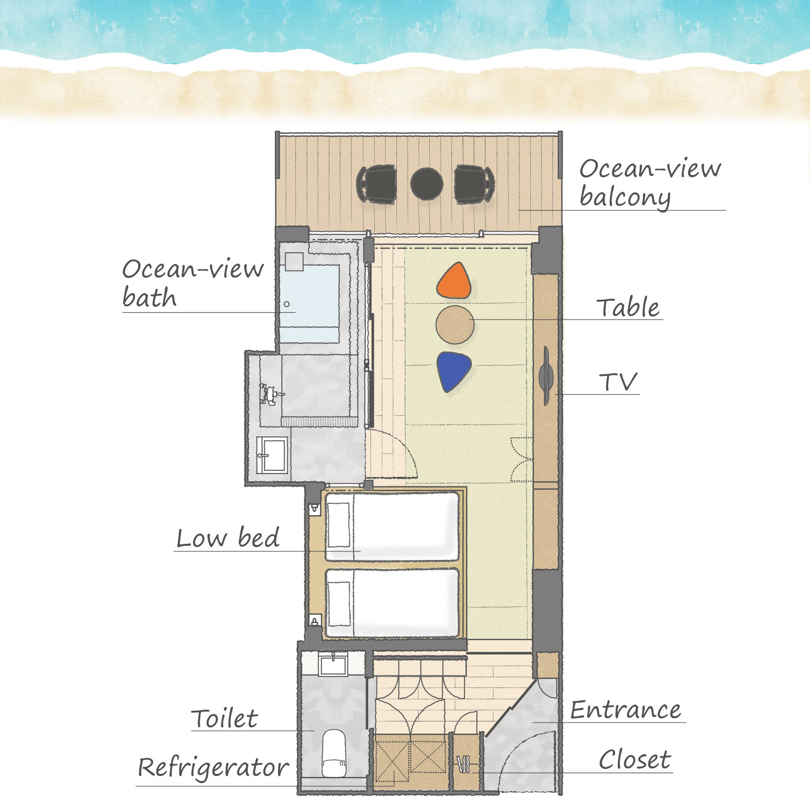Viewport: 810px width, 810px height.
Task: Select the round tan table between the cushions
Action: [x=455, y=325]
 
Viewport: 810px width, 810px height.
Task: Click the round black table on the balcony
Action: [x=427, y=184]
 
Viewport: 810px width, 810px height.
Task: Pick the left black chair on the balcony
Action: [x=377, y=184]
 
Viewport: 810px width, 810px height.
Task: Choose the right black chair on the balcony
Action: [x=474, y=184]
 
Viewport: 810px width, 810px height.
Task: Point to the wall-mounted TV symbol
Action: [x=546, y=376]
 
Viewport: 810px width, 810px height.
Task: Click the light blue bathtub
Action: [x=309, y=303]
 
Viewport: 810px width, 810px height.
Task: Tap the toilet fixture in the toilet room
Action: [x=334, y=753]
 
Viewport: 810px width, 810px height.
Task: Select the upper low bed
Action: [x=392, y=526]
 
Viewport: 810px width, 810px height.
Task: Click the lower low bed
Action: [x=392, y=602]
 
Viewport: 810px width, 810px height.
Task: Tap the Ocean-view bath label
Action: [x=193, y=283]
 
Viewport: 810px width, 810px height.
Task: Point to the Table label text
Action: [x=628, y=307]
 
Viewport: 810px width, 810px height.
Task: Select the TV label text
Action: [x=619, y=382]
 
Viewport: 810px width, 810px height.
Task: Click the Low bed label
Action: [x=228, y=538]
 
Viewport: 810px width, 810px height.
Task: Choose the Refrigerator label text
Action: [x=213, y=768]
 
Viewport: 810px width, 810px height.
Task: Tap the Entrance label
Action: [x=626, y=710]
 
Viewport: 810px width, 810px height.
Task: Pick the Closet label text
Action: [x=634, y=760]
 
